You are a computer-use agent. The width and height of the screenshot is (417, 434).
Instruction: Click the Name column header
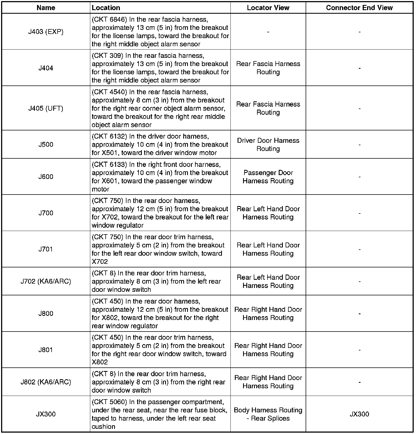coord(46,8)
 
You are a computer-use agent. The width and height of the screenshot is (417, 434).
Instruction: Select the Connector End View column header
coord(359,8)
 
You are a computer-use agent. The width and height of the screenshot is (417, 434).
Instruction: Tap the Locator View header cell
coord(268,8)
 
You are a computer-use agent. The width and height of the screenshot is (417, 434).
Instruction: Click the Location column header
coord(106,8)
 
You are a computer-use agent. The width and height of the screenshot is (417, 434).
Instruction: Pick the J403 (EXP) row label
coord(46,32)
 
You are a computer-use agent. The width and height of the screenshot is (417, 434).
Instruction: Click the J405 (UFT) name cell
coord(46,108)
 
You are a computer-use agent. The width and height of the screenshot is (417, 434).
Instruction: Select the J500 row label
coord(46,145)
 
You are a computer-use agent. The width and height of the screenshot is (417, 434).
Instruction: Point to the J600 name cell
coord(46,177)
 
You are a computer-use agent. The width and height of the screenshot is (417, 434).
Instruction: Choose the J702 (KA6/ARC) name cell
coord(46,281)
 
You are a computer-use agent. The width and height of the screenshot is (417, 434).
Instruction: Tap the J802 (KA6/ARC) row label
coord(46,382)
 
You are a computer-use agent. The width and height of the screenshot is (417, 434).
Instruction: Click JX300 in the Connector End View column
coord(359,414)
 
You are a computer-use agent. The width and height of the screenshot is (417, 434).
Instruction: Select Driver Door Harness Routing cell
coord(268,145)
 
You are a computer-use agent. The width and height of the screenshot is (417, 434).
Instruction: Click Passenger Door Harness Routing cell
coord(268,177)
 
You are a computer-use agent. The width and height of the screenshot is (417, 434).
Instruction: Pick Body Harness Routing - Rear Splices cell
coord(268,414)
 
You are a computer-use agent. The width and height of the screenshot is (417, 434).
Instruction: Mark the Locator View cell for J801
coord(268,350)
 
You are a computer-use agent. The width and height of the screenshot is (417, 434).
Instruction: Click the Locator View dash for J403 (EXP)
coord(268,32)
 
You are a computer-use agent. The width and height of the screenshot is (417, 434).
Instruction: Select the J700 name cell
coord(46,213)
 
